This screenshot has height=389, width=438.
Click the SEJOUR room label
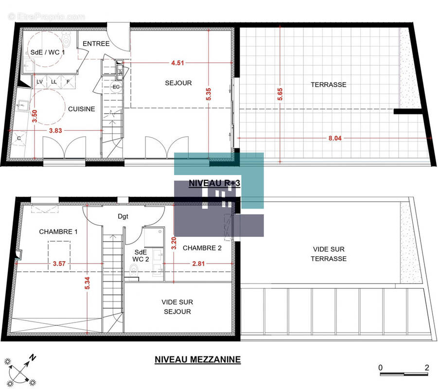coord(178,83)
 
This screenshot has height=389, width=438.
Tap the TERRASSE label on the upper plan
coord(329,85)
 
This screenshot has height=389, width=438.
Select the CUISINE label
coord(81,109)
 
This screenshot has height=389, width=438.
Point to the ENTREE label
coord(96,44)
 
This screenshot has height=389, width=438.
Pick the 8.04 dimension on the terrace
coord(335,138)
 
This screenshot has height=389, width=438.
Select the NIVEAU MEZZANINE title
coord(197,360)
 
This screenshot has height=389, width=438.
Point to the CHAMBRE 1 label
coord(58,232)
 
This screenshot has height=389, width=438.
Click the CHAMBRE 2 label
coord(202,248)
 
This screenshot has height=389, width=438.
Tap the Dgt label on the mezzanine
coord(123,217)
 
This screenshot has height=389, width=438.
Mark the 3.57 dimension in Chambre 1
coord(58,264)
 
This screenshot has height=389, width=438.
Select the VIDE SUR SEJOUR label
coord(176,307)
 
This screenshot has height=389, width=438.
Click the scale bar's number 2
coord(426,368)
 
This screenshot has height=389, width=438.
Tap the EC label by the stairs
coord(116,87)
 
